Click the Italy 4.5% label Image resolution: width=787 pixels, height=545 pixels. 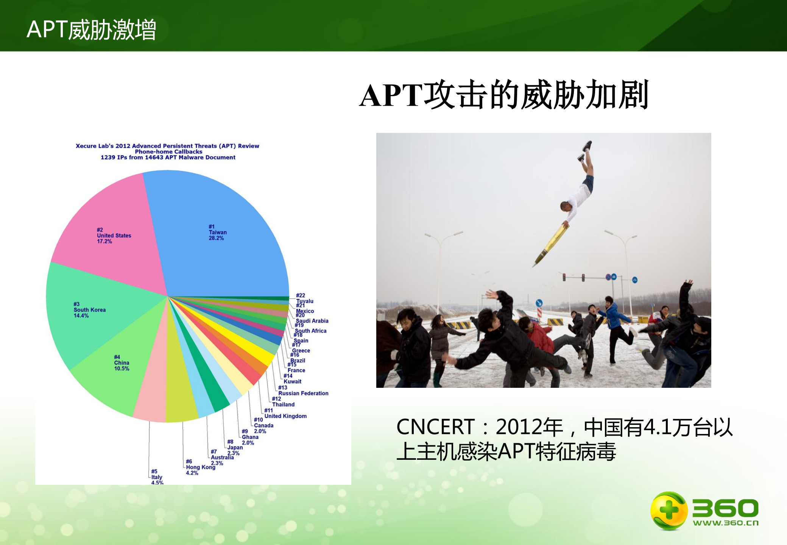(157, 477)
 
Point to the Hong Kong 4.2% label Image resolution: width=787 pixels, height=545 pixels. (200, 467)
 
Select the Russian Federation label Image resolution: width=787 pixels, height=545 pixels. (303, 393)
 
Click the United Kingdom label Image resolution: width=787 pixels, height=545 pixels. (285, 416)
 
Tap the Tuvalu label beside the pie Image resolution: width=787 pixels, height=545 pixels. (305, 301)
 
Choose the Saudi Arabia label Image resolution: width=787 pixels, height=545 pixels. (312, 321)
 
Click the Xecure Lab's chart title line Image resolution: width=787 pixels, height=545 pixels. (167, 146)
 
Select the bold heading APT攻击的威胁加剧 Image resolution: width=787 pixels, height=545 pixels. (504, 95)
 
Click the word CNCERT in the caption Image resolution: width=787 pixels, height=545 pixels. (435, 427)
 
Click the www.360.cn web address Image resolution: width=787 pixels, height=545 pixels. (725, 523)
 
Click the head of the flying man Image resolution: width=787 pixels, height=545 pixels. (566, 206)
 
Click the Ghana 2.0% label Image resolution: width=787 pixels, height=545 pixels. (250, 437)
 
